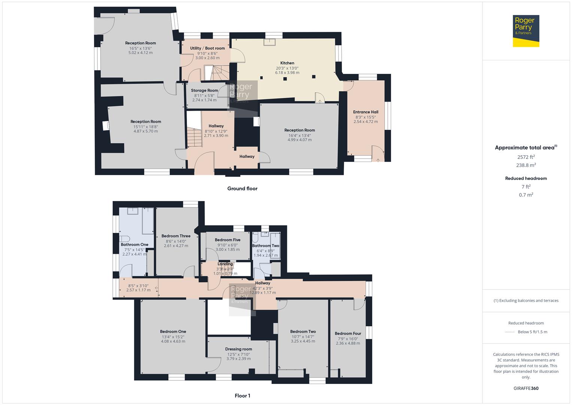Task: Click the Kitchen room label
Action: [287, 63]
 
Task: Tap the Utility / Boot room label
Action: [208, 48]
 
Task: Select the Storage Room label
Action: [204, 90]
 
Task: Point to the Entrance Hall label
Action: [366, 112]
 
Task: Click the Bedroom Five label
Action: [227, 240]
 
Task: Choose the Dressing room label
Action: [239, 349]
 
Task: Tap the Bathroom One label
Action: [134, 244]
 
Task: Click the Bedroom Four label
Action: [348, 333]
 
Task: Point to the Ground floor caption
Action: [242, 188]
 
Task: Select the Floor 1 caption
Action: [242, 396]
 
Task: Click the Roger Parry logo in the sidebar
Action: [526, 31]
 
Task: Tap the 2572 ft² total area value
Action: [526, 157]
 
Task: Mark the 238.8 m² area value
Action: [526, 165]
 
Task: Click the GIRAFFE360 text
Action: [526, 388]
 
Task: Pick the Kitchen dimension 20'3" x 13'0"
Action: [287, 68]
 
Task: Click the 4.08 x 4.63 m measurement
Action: [173, 341]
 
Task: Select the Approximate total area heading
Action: [526, 147]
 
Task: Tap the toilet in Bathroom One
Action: [124, 238]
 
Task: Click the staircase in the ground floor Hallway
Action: [194, 138]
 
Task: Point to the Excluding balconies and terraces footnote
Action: [526, 300]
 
